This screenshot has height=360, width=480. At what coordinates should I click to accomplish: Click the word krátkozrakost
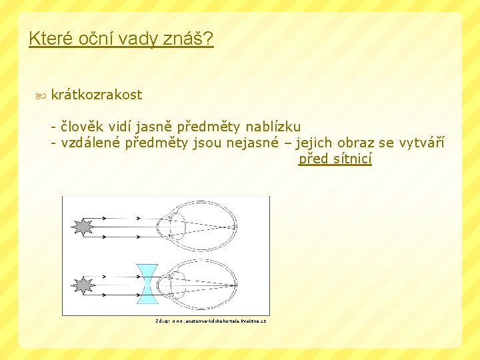96,95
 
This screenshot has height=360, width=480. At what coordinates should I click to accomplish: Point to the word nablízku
273,126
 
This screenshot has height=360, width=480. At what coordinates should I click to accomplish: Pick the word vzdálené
91,142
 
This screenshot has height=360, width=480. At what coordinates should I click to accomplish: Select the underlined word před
313,159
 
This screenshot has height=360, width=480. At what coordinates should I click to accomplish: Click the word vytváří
421,142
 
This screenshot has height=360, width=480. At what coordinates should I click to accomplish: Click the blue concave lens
146,284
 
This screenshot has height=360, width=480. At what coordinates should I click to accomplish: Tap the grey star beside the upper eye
83,227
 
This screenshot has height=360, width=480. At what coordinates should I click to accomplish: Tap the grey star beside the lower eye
83,285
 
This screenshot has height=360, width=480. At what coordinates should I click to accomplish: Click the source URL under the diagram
211,321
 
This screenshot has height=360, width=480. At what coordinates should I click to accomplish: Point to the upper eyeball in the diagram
200,227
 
